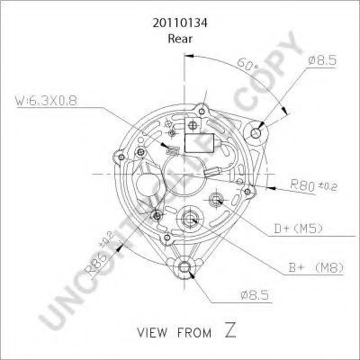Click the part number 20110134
tap(180, 23)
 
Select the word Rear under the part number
tap(180, 39)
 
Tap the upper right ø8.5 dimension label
tap(322, 60)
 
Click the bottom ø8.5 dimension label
tap(255, 295)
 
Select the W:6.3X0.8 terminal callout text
tap(47, 101)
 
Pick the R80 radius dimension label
tap(313, 185)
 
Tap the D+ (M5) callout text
tap(298, 229)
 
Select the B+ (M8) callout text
tap(316, 267)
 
